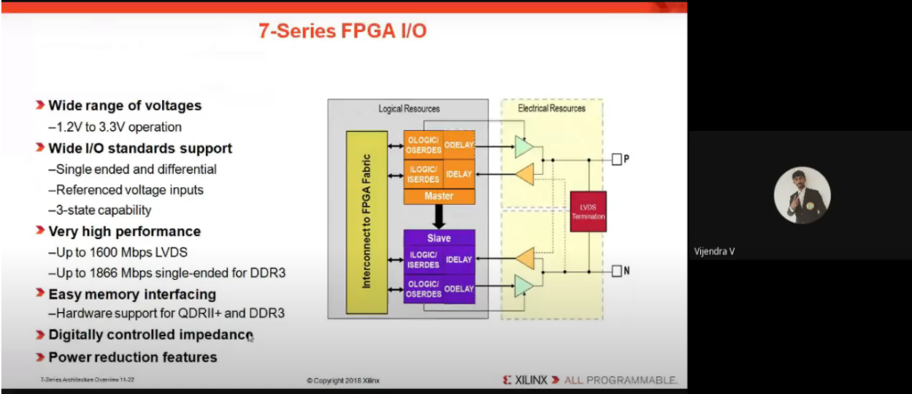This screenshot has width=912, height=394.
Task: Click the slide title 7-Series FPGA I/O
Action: pyautogui.click(x=343, y=31)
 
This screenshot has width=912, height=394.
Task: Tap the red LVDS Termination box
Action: pyautogui.click(x=588, y=211)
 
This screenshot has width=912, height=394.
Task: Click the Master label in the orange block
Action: pyautogui.click(x=439, y=195)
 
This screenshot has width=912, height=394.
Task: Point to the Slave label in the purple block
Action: pyautogui.click(x=439, y=238)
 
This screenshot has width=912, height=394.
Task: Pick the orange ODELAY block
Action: pyautogui.click(x=459, y=144)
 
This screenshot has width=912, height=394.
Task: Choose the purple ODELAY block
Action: pyautogui.click(x=459, y=289)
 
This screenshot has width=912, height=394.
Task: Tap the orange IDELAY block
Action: pyautogui.click(x=459, y=172)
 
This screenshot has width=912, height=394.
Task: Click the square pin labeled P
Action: pyautogui.click(x=616, y=160)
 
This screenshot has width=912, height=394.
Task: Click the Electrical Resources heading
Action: pyautogui.click(x=552, y=109)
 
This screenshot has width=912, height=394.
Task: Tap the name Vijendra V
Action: pyautogui.click(x=714, y=251)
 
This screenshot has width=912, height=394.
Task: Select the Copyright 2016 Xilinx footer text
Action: pyautogui.click(x=344, y=380)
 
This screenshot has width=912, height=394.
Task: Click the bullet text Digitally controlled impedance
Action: pyautogui.click(x=151, y=335)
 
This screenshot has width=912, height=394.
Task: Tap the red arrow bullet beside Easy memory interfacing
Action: pyautogui.click(x=40, y=293)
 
